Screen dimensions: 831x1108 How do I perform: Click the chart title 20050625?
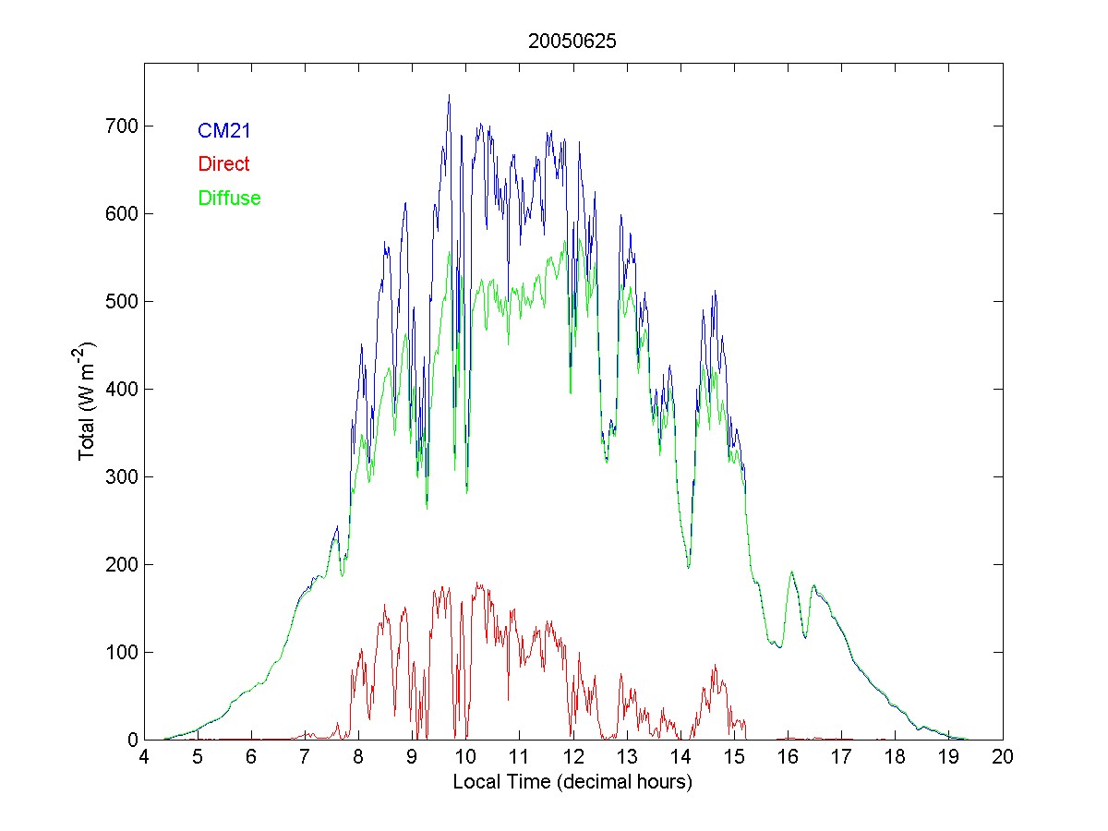point(572,42)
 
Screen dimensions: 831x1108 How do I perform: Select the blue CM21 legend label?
point(224,131)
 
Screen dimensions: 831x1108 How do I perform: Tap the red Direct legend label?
point(223,164)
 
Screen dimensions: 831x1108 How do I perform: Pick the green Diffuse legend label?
point(229,198)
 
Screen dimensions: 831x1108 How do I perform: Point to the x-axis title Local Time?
point(572,782)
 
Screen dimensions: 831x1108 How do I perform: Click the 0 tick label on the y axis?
point(131,740)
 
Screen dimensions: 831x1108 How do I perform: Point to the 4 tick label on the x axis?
point(144,757)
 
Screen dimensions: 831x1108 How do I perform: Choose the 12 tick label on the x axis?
point(573,757)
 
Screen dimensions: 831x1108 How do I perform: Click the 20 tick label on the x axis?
point(1003,757)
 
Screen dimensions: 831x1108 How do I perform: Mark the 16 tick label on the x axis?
point(788,757)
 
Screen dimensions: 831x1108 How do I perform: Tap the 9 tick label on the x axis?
point(413,757)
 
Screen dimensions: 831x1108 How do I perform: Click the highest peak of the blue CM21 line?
point(449,95)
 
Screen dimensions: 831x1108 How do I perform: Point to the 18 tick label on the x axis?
point(896,757)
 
